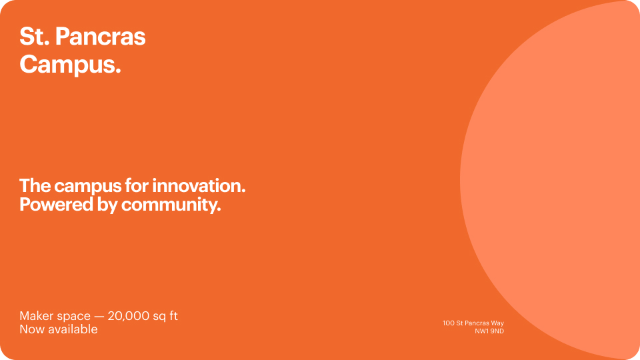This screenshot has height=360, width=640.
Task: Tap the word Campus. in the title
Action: tap(70, 65)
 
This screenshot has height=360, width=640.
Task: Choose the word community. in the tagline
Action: tap(171, 204)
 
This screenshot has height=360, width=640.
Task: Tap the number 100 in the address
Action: tap(448, 323)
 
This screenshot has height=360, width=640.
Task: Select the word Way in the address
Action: tap(496, 323)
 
